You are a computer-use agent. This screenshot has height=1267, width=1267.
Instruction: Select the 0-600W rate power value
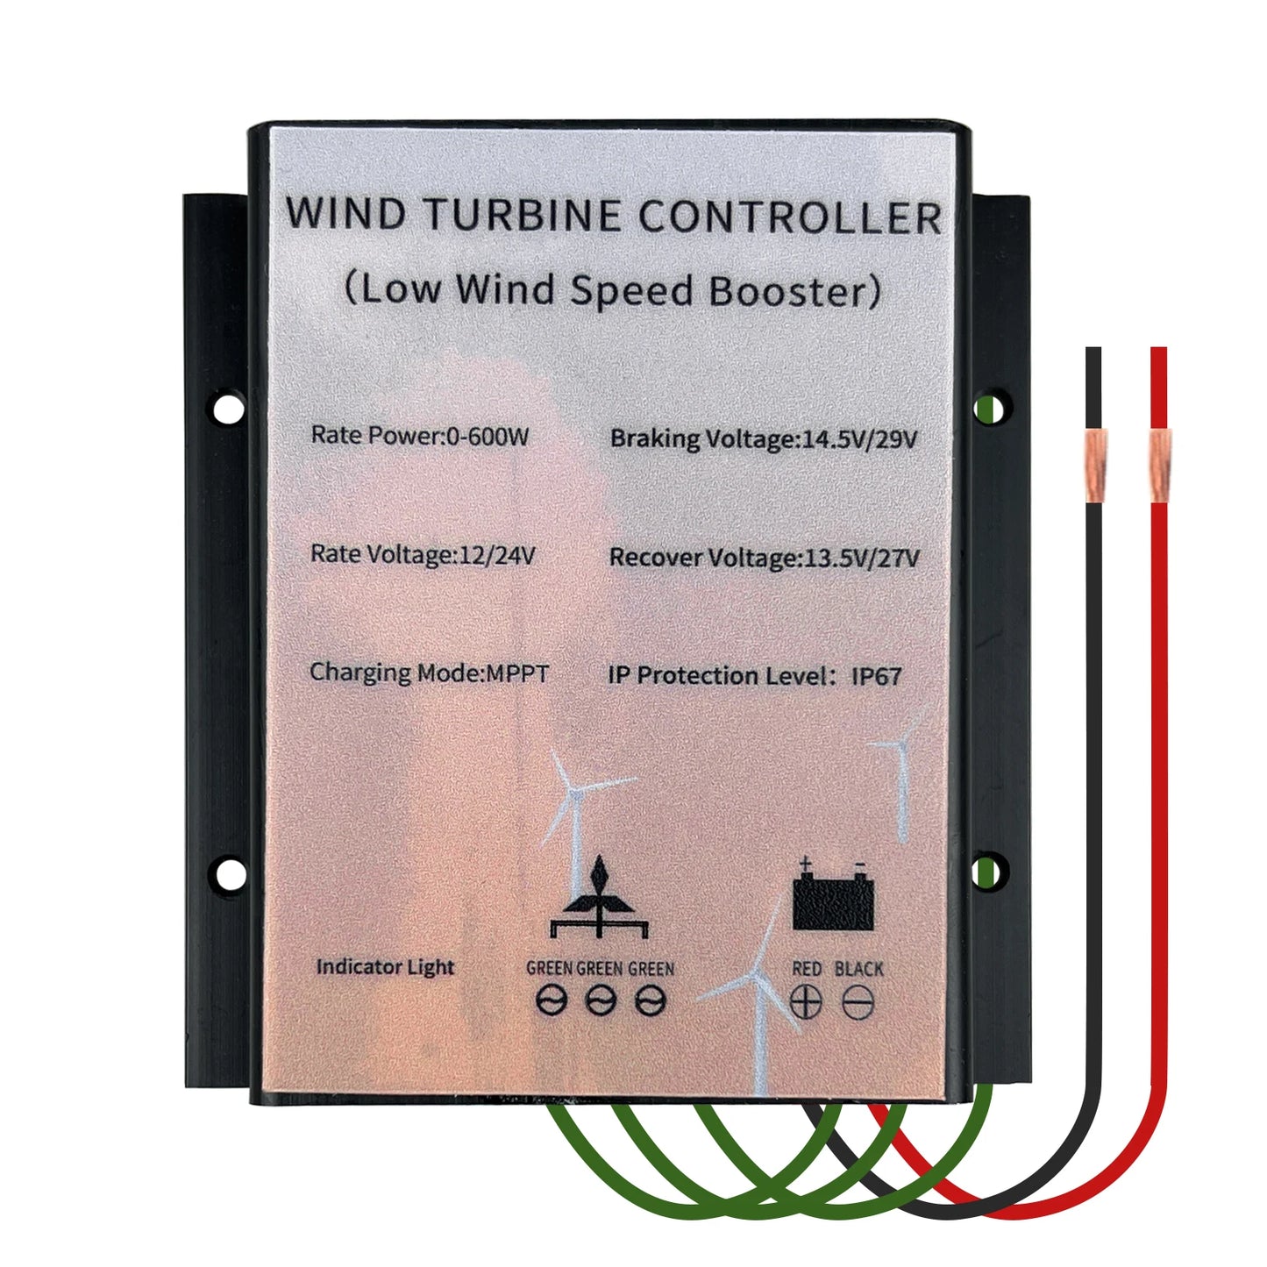point(487,436)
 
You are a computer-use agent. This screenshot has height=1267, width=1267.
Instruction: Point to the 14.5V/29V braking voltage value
point(859,438)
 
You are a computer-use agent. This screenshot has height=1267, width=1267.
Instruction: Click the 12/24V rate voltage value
point(496,554)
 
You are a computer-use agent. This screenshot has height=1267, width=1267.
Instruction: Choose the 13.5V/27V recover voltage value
point(861,558)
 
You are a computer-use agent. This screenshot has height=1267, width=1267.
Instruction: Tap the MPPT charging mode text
point(517,673)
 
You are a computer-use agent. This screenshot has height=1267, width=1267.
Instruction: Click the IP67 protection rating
point(876,676)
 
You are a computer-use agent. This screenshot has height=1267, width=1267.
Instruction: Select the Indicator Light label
point(385,967)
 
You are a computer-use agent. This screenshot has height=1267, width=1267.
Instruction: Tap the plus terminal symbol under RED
point(806,1001)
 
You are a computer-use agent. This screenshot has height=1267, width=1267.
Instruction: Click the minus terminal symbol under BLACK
point(858,1001)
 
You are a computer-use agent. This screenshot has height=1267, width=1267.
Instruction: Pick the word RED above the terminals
point(807,969)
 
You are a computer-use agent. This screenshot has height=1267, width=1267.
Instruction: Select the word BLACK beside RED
point(858,969)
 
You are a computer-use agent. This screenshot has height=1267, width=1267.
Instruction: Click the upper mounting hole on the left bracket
point(228,409)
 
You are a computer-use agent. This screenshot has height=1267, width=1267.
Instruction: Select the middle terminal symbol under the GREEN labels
point(600,1000)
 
